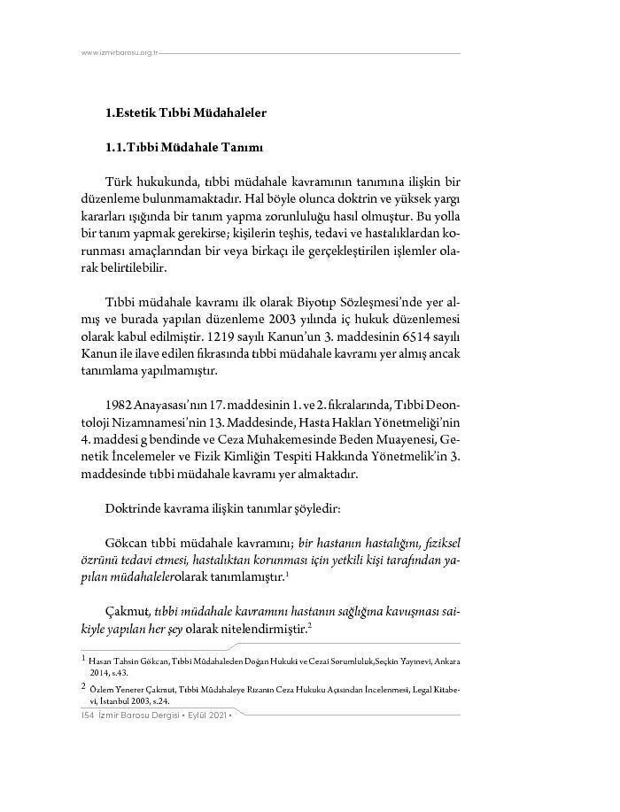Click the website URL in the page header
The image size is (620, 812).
(x=119, y=53)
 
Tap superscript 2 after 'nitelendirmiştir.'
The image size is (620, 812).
(x=310, y=626)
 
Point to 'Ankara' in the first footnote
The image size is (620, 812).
(x=446, y=661)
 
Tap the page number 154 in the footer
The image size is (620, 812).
(x=86, y=715)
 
